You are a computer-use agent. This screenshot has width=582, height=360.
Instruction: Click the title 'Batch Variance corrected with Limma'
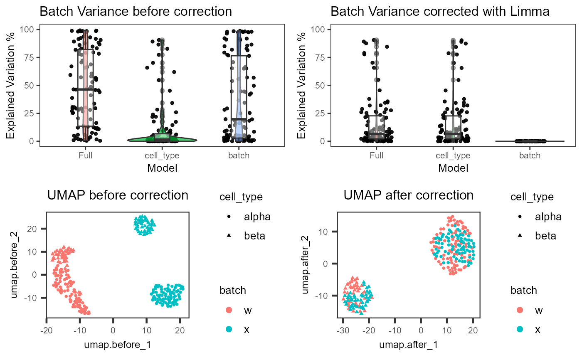(x=440, y=11)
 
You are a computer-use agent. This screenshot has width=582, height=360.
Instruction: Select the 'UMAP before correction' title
(x=118, y=195)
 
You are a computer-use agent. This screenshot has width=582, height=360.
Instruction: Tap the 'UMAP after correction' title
(x=409, y=195)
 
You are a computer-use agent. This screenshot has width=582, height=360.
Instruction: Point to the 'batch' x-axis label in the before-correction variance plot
(x=239, y=156)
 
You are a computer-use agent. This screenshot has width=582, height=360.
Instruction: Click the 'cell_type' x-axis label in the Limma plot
(x=453, y=156)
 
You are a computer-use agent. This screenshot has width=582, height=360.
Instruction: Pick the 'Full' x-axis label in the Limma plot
(x=376, y=156)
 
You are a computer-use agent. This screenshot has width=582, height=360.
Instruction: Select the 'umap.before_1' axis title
(x=118, y=344)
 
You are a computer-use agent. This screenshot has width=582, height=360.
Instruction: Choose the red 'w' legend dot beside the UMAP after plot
(x=519, y=310)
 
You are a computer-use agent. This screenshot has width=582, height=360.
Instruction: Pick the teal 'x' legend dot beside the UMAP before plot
(x=228, y=330)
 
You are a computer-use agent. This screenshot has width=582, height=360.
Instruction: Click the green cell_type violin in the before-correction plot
(x=162, y=139)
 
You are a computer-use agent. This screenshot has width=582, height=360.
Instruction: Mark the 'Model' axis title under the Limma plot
(x=453, y=168)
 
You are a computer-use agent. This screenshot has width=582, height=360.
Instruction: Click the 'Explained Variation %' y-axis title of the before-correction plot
(x=11, y=85)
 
